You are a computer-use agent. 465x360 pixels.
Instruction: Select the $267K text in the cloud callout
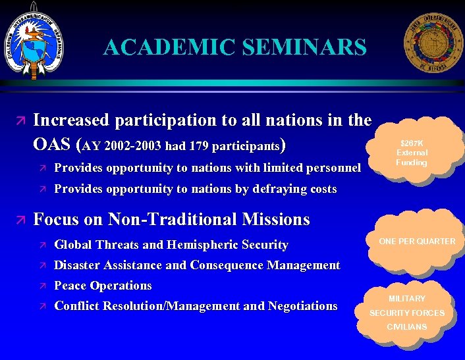[412, 143]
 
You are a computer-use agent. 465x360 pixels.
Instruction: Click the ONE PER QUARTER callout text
[416, 242]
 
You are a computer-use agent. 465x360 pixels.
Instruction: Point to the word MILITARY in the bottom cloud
[406, 299]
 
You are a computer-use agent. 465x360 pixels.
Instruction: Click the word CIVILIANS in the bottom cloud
[406, 327]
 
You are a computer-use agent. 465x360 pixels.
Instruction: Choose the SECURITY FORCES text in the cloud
[406, 313]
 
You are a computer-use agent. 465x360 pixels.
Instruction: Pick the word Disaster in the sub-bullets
[75, 265]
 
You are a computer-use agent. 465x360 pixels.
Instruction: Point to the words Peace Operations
[103, 286]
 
